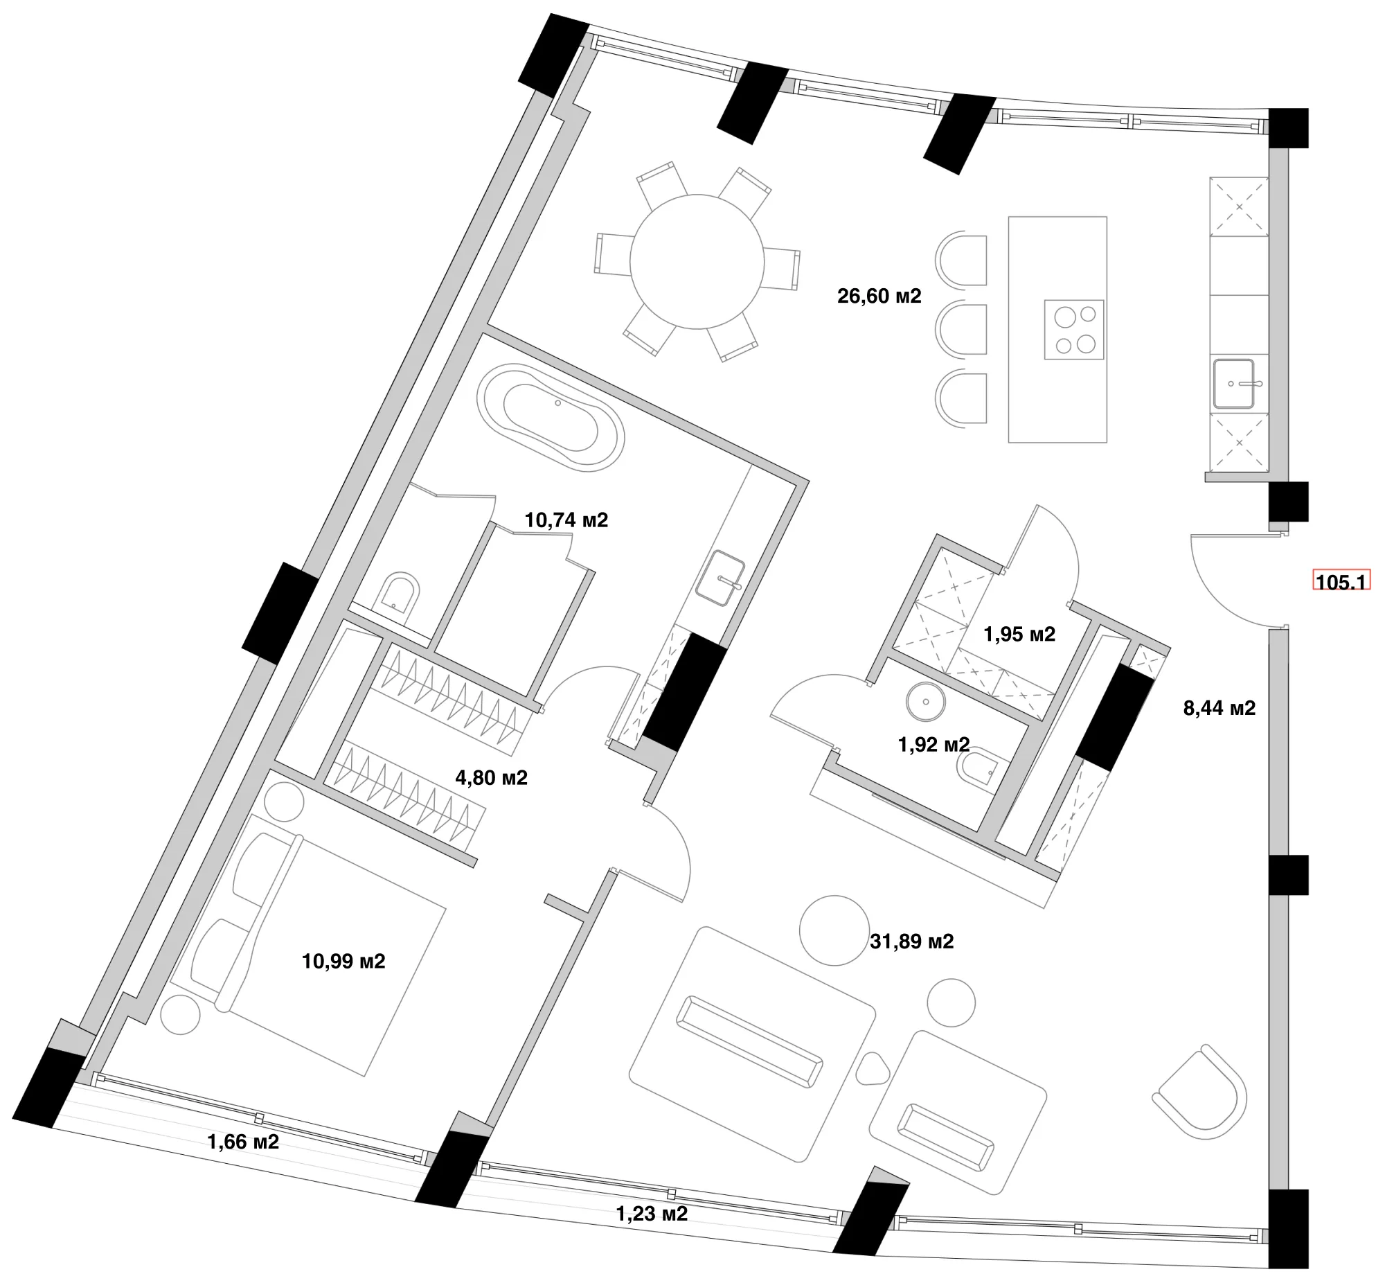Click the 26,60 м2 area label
coord(879,297)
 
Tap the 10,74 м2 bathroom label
coord(566,520)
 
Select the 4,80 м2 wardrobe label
coord(491,777)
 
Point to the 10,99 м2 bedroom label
coord(343,961)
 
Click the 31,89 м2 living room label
coord(912,941)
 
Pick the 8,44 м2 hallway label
coord(1219,708)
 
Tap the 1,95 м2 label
coord(1019,634)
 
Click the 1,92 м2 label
coord(934,745)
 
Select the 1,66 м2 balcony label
coord(243,1142)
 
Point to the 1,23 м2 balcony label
coord(652,1213)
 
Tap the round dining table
coord(697,262)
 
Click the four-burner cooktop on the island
coord(1073,330)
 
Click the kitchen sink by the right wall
coord(1235,384)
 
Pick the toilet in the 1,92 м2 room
coord(979,768)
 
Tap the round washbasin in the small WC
coord(926,702)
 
